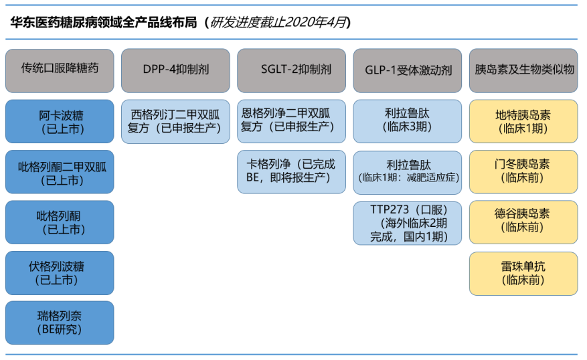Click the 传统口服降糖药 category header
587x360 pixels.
point(60,71)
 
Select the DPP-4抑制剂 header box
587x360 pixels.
point(175,71)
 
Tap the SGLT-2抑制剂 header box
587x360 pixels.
point(291,71)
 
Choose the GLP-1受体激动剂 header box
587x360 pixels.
point(408,71)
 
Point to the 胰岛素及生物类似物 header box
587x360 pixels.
point(523,71)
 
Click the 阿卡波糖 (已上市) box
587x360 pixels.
point(60,121)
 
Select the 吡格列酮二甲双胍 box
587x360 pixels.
point(60,172)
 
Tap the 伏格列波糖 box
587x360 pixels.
point(60,273)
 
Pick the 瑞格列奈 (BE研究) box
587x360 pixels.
point(60,323)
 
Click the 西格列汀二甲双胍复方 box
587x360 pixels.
point(175,121)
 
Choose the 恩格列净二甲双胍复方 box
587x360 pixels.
point(291,121)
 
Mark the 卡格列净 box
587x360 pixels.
point(291,172)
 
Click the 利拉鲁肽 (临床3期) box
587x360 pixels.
point(408,121)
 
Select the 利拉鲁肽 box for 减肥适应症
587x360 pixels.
point(408,173)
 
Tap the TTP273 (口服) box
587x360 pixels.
point(408,223)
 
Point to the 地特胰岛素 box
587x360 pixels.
point(523,121)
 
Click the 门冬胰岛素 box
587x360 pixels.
point(523,172)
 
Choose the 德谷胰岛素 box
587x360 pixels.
point(523,222)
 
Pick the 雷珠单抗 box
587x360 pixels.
point(523,274)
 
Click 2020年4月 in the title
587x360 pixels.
point(315,23)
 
